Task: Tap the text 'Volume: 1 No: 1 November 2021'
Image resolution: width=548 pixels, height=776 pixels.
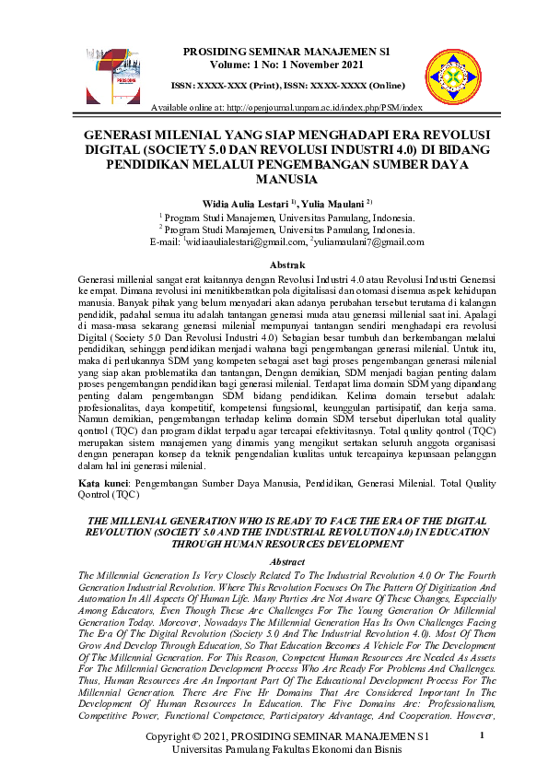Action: (x=274, y=65)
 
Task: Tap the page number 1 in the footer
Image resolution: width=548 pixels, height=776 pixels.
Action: (x=482, y=736)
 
